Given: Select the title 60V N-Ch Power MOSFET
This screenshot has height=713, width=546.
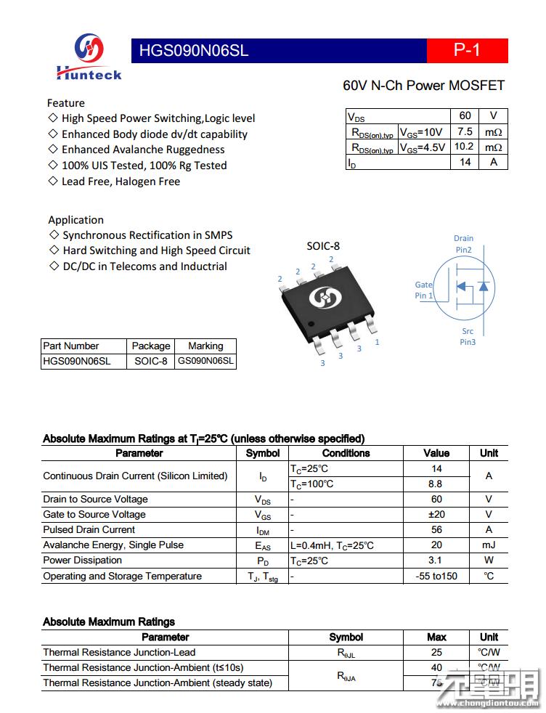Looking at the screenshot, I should click(423, 86).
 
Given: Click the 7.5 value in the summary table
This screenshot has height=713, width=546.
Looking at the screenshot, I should click(465, 131).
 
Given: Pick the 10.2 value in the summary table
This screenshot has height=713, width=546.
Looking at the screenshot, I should click(464, 147).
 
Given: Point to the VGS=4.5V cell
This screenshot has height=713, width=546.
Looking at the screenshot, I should click(423, 147).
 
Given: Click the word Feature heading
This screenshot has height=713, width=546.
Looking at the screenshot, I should click(65, 103).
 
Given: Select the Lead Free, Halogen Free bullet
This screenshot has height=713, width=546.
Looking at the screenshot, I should click(120, 182).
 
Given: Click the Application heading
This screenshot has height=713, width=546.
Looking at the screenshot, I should click(76, 220).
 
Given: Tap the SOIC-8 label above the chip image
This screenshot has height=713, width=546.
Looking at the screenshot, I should click(322, 246).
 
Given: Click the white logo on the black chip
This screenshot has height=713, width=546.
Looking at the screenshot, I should click(320, 297).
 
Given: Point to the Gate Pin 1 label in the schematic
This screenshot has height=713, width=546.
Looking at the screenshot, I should click(424, 290).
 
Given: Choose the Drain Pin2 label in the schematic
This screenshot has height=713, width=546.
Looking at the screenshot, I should click(463, 244).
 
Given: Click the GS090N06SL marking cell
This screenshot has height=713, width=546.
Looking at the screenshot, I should click(205, 361).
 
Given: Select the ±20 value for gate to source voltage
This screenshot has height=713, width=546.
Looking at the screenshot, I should click(436, 515).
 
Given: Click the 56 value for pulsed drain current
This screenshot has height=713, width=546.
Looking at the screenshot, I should click(436, 530).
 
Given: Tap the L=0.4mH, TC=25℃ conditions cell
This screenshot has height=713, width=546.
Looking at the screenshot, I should click(332, 545).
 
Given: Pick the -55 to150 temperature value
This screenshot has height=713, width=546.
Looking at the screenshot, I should click(436, 576).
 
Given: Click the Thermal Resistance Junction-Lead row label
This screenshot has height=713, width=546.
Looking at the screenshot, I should click(119, 653).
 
